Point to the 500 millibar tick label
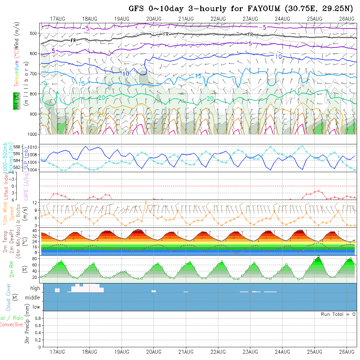(x=33, y=33)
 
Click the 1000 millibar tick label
(x=32, y=134)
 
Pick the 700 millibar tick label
(x=33, y=74)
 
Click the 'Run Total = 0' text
(x=338, y=314)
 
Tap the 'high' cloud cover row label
(x=35, y=288)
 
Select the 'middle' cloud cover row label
(x=33, y=298)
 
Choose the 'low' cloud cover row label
(x=36, y=307)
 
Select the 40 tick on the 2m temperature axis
(x=35, y=231)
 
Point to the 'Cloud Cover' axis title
(x=9, y=297)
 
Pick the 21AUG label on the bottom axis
(x=186, y=352)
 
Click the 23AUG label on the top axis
(x=250, y=19)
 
